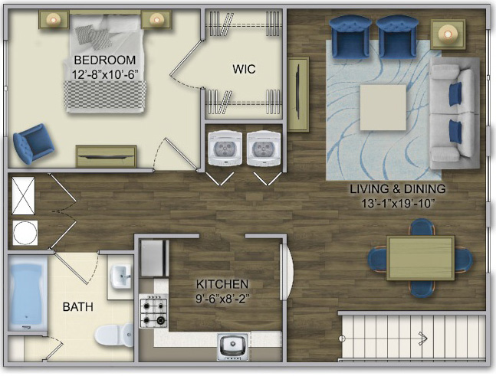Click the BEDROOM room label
pos(105,60)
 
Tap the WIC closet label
pos(244,69)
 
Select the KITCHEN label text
pos(222,284)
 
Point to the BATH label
pos(78,307)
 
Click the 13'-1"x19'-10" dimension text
pos(397,204)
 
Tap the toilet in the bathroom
pos(114,335)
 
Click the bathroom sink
pos(121,276)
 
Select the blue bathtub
pos(27,293)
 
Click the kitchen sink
pos(233,347)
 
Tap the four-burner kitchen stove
pos(153,311)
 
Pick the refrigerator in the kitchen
pos(154,259)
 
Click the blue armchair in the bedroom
pos(34,144)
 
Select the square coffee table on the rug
pos(383,107)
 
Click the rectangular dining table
pos(421,258)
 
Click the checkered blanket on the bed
pos(105,94)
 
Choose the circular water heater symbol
pos(25,233)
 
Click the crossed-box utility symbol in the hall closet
pos(24,195)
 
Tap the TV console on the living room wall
pos(298,94)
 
